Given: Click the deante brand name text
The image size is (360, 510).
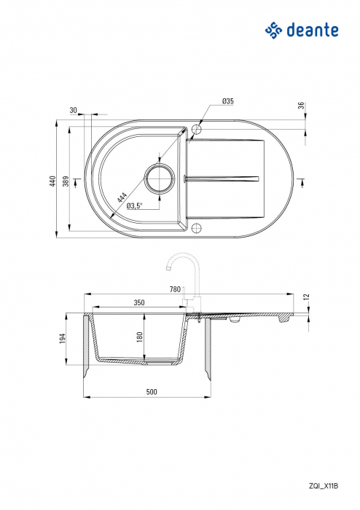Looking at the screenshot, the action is [313, 30].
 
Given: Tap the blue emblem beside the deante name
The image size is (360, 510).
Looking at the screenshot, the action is [273, 31].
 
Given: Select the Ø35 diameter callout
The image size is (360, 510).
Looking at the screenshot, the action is [228, 101].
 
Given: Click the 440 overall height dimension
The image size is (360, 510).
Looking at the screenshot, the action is [53, 181].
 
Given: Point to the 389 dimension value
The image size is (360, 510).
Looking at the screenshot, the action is [66, 181].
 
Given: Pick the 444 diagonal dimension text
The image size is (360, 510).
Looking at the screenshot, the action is [122, 197].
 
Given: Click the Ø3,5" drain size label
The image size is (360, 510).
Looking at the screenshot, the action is [135, 205].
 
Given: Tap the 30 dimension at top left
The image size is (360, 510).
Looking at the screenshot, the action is [74, 110].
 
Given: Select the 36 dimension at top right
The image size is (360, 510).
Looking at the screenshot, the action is [302, 106].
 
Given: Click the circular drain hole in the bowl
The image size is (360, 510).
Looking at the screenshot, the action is [160, 178].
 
